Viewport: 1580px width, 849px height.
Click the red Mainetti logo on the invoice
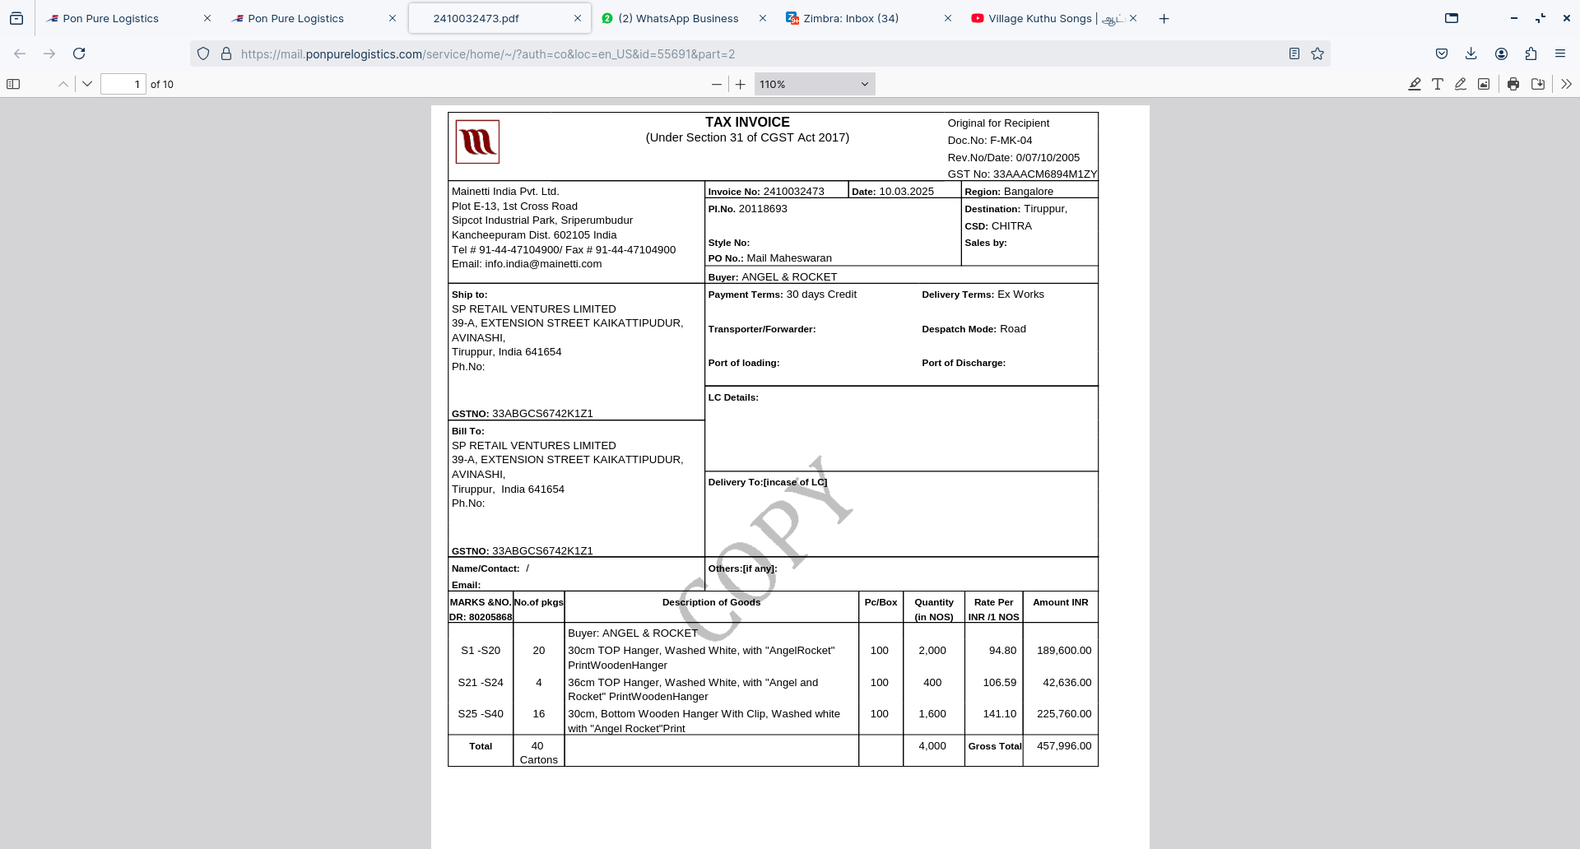[x=477, y=142]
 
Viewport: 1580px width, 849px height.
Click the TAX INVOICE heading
[x=746, y=122]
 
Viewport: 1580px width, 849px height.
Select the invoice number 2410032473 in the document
[x=793, y=192]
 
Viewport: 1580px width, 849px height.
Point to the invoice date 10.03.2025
[x=906, y=192]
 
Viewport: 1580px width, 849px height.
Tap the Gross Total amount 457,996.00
[x=1064, y=746]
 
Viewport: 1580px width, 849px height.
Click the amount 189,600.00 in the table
[x=1064, y=651]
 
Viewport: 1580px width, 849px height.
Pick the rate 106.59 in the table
[x=999, y=683]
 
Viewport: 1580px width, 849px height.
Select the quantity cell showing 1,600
[x=932, y=714]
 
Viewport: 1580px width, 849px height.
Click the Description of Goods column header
[x=711, y=602]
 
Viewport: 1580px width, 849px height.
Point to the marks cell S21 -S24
[x=481, y=683]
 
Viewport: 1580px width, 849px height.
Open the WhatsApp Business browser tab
[x=678, y=18]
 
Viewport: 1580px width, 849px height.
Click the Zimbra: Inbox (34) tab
[x=851, y=18]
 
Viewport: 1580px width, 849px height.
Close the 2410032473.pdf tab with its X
[x=577, y=18]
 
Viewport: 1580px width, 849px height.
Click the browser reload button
[x=79, y=53]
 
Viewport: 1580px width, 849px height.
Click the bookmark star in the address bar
[x=1317, y=53]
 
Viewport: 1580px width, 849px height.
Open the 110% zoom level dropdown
[x=814, y=84]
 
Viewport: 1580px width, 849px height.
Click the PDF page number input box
[x=123, y=84]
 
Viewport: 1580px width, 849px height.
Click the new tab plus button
[x=1164, y=18]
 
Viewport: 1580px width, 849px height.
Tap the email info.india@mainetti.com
[x=543, y=264]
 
